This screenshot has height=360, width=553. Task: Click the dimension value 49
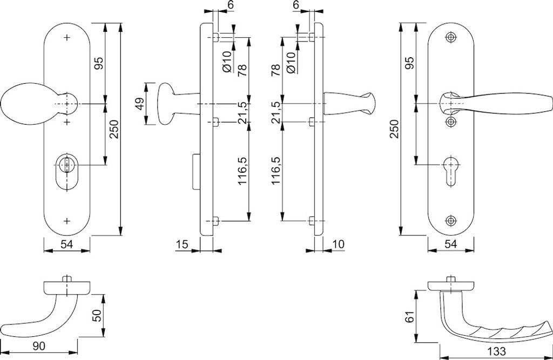pyautogui.click(x=139, y=104)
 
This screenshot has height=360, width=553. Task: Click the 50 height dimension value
pyautogui.click(x=98, y=315)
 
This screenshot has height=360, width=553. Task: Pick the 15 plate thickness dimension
pyautogui.click(x=182, y=245)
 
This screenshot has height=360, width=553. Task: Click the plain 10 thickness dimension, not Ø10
pyautogui.click(x=339, y=245)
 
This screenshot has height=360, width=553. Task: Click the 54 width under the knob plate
pyautogui.click(x=66, y=245)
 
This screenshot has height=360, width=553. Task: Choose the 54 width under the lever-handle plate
pyautogui.click(x=451, y=245)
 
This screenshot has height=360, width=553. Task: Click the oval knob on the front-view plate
pyautogui.click(x=24, y=104)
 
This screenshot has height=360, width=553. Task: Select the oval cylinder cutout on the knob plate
pyautogui.click(x=67, y=171)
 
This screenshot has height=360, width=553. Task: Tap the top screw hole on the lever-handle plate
pyautogui.click(x=451, y=37)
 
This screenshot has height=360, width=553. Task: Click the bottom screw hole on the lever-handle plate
pyautogui.click(x=451, y=220)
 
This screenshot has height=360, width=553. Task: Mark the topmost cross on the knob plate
pyautogui.click(x=67, y=38)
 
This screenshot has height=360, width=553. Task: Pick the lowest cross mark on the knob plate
pyautogui.click(x=67, y=221)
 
